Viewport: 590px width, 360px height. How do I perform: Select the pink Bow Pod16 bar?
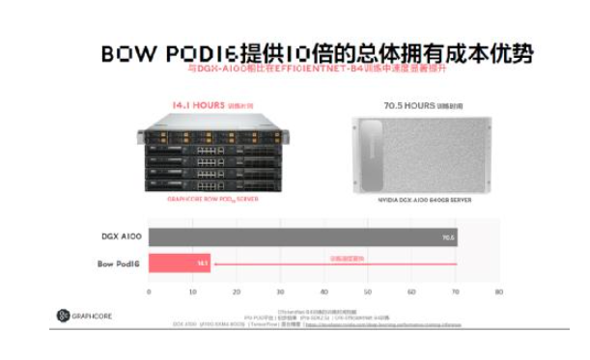179,263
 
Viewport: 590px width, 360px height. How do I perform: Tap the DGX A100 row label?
120,235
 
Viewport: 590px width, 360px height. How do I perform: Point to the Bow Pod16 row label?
120,263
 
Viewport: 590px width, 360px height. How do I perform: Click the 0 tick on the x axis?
149,291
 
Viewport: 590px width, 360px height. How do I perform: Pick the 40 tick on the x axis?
323,291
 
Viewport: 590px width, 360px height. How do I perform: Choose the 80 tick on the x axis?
498,291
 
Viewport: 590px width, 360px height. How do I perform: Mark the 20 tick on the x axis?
236,291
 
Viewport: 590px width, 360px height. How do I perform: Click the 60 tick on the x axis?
410,291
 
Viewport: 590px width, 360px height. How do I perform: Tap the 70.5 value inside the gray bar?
447,235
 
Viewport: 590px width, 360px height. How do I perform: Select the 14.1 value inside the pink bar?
202,263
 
